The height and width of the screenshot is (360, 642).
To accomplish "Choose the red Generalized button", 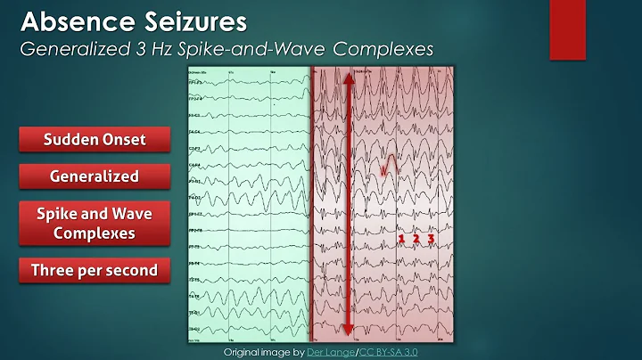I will coord(94,176).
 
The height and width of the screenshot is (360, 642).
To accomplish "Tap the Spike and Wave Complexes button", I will coord(94,224).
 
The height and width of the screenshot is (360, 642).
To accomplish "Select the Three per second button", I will coord(94,270).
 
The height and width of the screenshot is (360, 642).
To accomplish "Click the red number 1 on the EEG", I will coord(401,239).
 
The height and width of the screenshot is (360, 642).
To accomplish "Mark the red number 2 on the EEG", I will coord(416,239).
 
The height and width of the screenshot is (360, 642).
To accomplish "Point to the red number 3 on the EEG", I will coord(431,239).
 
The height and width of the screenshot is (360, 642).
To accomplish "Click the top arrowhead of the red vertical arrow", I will coord(347,77).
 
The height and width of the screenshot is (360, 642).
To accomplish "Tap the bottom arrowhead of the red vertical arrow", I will coord(347,331).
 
